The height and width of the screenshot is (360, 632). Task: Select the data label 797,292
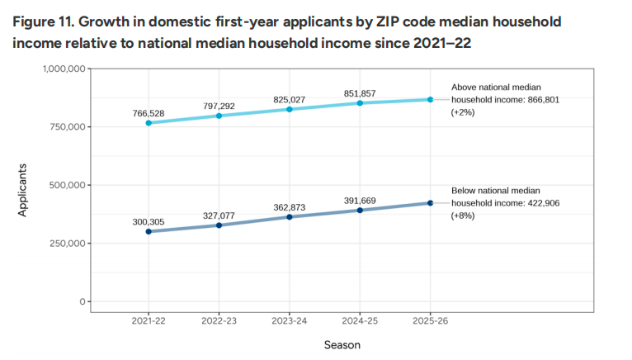coord(219,105)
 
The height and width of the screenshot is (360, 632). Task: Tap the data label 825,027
coord(290,99)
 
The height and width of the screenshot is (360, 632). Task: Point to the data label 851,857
coord(360,93)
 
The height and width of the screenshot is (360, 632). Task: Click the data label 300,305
coord(149,221)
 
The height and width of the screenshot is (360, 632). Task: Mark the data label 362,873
coord(290,206)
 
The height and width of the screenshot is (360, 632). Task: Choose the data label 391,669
coord(360,199)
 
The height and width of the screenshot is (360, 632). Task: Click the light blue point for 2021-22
coord(149,123)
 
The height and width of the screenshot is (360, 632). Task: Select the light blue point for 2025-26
coord(430,100)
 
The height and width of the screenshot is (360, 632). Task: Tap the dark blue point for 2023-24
coord(290,217)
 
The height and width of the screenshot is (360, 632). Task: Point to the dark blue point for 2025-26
coord(430,203)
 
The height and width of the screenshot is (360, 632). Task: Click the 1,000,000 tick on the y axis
coord(63,69)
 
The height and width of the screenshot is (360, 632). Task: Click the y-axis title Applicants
coord(23,191)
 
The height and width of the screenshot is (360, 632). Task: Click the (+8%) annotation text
coord(462,216)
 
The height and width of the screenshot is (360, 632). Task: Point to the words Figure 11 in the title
coord(42,21)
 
